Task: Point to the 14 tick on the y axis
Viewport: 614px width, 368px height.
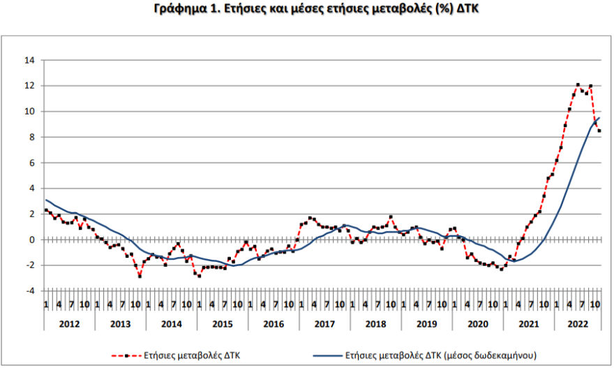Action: click(30, 60)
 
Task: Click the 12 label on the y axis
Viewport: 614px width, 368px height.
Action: click(30, 86)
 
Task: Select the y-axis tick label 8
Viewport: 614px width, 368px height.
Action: click(32, 137)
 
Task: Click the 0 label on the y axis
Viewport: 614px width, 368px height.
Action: click(32, 240)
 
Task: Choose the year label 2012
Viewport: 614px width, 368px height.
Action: click(69, 324)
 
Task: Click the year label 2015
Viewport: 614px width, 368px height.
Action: click(222, 324)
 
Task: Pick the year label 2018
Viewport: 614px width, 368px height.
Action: click(375, 324)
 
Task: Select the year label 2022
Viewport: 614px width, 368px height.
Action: click(578, 324)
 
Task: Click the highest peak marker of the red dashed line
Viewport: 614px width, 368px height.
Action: click(578, 85)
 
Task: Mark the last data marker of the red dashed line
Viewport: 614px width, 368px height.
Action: click(599, 131)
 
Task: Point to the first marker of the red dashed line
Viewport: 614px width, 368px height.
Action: click(46, 210)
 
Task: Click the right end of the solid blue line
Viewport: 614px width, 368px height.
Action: click(599, 118)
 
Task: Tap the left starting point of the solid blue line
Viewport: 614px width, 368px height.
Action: click(46, 200)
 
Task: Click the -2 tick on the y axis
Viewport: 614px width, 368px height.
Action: click(30, 265)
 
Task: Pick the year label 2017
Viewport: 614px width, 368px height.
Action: click(324, 324)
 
